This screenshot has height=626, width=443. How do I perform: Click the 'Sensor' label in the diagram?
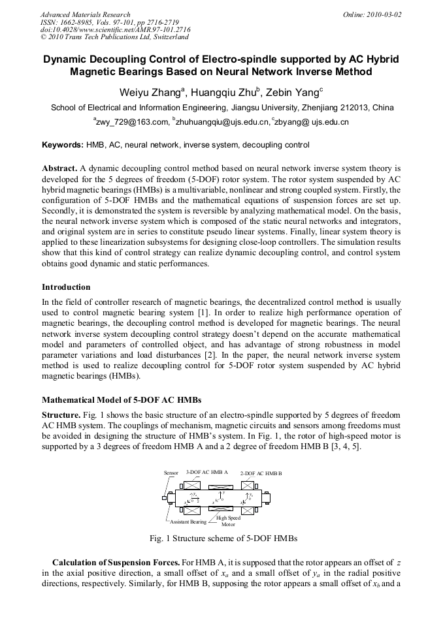pyautogui.click(x=171, y=472)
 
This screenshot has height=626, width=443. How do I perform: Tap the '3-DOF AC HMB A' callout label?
pyautogui.click(x=207, y=471)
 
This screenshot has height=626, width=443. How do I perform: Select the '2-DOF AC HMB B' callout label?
pyautogui.click(x=261, y=473)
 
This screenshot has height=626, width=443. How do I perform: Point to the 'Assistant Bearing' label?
pyautogui.click(x=188, y=523)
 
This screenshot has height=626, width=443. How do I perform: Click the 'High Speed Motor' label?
pyautogui.click(x=228, y=521)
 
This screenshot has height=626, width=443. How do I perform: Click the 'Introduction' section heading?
pyautogui.click(x=66, y=287)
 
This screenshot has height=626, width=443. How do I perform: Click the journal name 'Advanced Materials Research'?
pyautogui.click(x=85, y=14)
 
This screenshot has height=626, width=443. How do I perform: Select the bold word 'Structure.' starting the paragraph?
pyautogui.click(x=61, y=415)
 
